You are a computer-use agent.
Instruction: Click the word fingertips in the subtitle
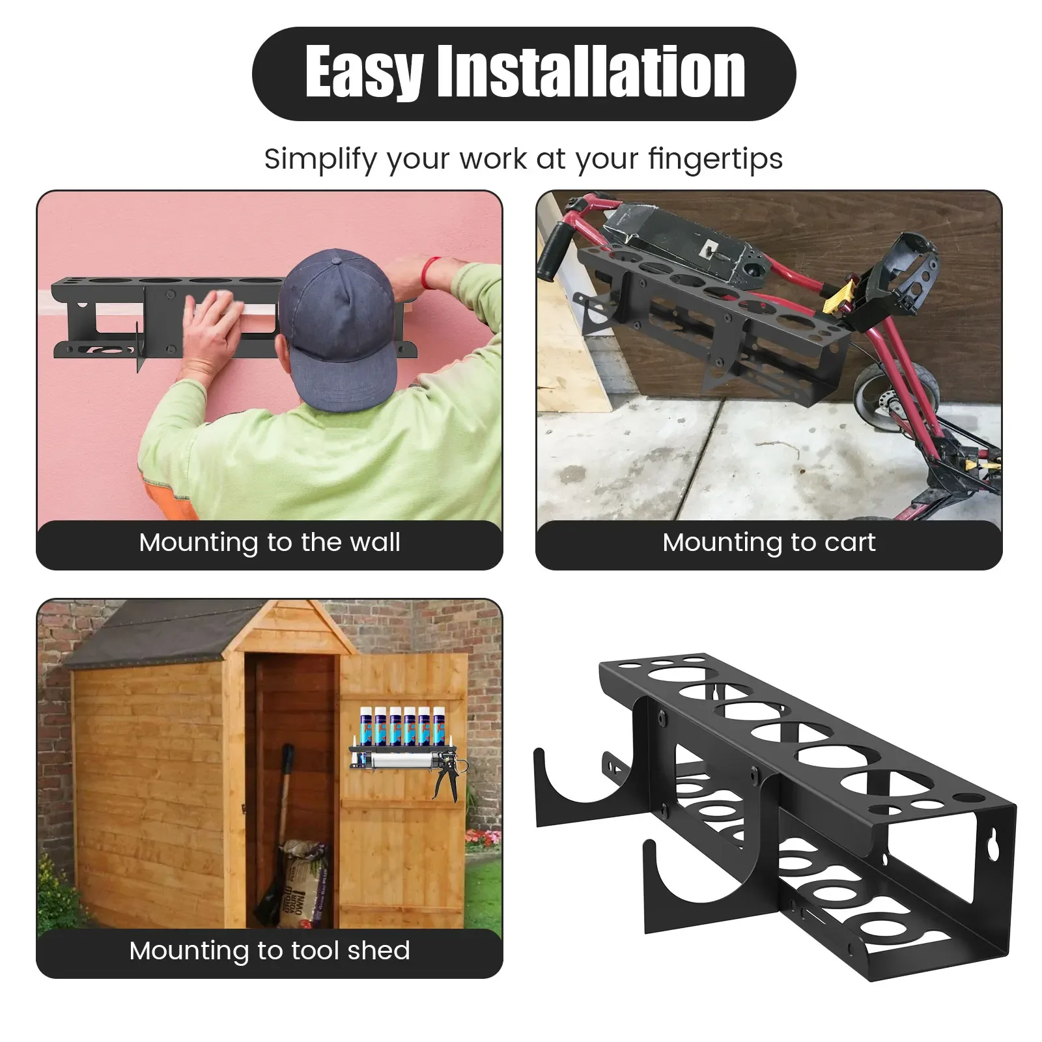coord(715,158)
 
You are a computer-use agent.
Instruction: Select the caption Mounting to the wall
coord(270,542)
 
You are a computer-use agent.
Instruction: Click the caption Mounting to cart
coord(768,542)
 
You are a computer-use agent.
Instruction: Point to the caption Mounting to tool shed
coord(270,951)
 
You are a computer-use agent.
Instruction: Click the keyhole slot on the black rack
coord(993,845)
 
